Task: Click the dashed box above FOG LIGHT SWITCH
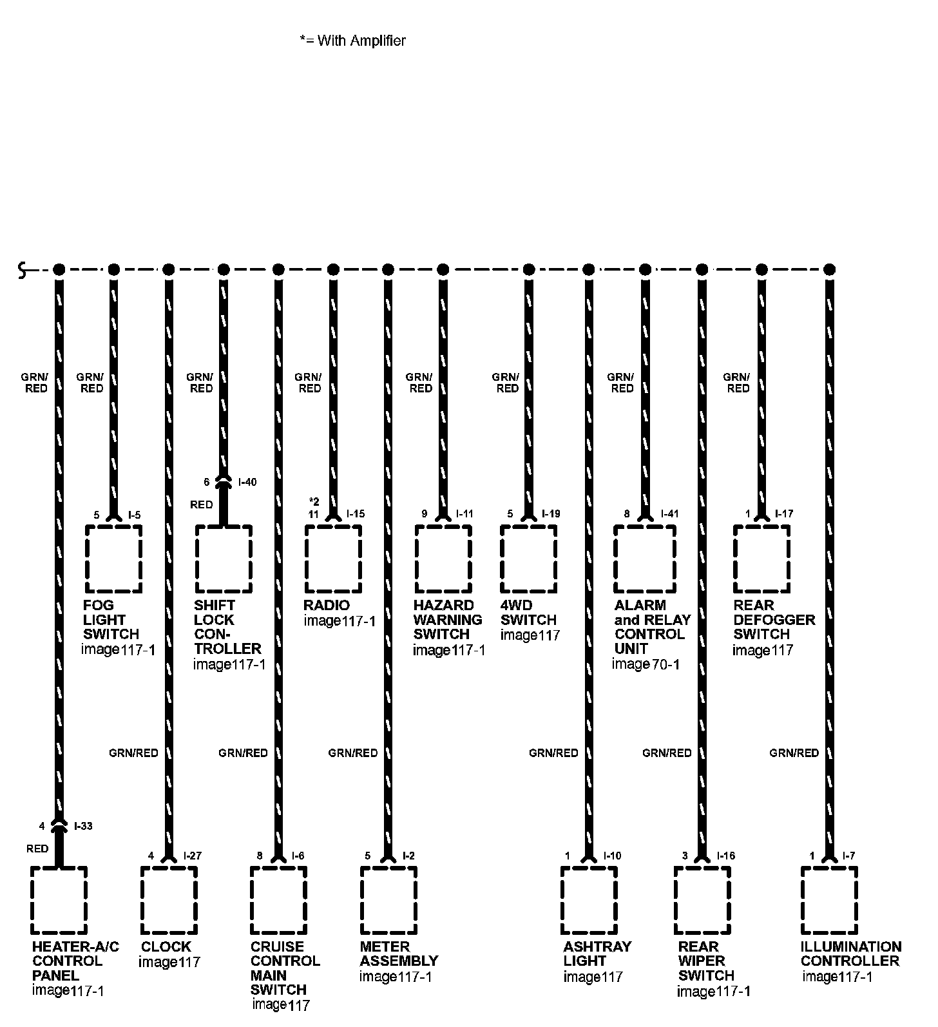click(113, 559)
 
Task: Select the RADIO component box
click(333, 559)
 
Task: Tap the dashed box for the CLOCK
click(169, 900)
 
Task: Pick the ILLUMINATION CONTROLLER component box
click(829, 900)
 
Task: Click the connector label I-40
click(247, 482)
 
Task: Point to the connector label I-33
click(83, 826)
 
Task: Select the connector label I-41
click(670, 514)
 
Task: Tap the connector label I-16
click(725, 856)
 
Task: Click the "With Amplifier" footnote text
click(353, 41)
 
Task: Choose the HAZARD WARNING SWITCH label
click(447, 620)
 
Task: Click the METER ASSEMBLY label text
click(399, 954)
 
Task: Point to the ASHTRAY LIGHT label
click(597, 954)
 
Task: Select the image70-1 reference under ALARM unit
click(646, 664)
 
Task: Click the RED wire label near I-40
click(201, 504)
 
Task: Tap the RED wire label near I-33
click(37, 849)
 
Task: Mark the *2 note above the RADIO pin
click(314, 502)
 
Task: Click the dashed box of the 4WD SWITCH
click(529, 559)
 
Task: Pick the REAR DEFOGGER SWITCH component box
click(761, 559)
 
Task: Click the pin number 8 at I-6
click(260, 856)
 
